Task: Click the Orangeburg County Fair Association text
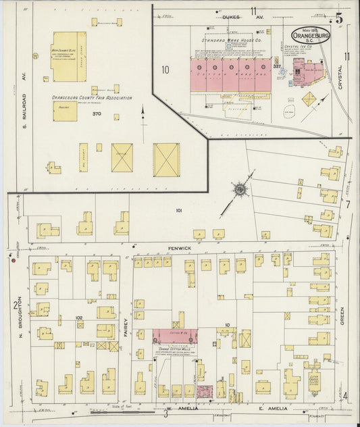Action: pyautogui.click(x=92, y=98)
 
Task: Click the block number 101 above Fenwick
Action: pyautogui.click(x=179, y=211)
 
